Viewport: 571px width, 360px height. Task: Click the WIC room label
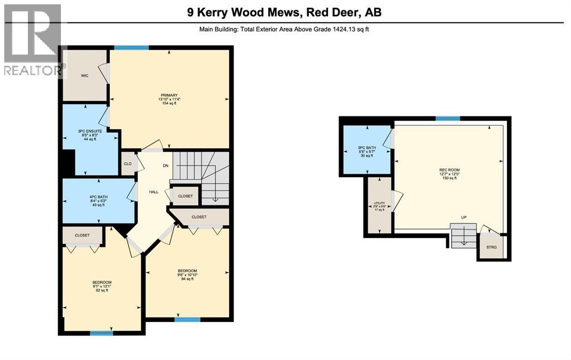pos(85,75)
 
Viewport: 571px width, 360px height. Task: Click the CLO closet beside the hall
pos(128,164)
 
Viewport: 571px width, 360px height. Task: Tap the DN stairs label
pos(166,166)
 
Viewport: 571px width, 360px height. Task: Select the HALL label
pos(154,192)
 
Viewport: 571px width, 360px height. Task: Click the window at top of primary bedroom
pos(132,48)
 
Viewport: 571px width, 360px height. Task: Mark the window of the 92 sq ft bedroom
pos(101,333)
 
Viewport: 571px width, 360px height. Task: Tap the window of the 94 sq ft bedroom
pos(187,320)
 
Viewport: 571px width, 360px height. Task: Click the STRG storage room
pos(491,247)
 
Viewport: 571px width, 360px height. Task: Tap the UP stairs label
pos(463,217)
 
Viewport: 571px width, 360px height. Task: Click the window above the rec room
pos(447,118)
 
